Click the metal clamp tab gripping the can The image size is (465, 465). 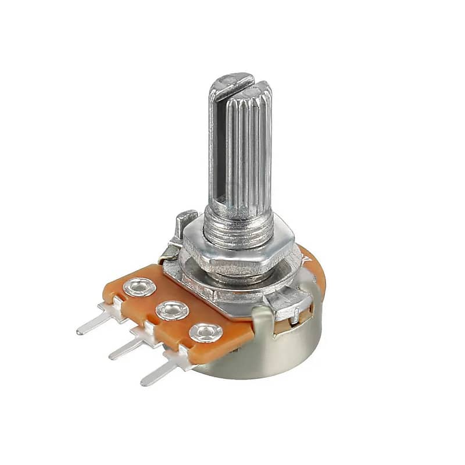291,305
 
